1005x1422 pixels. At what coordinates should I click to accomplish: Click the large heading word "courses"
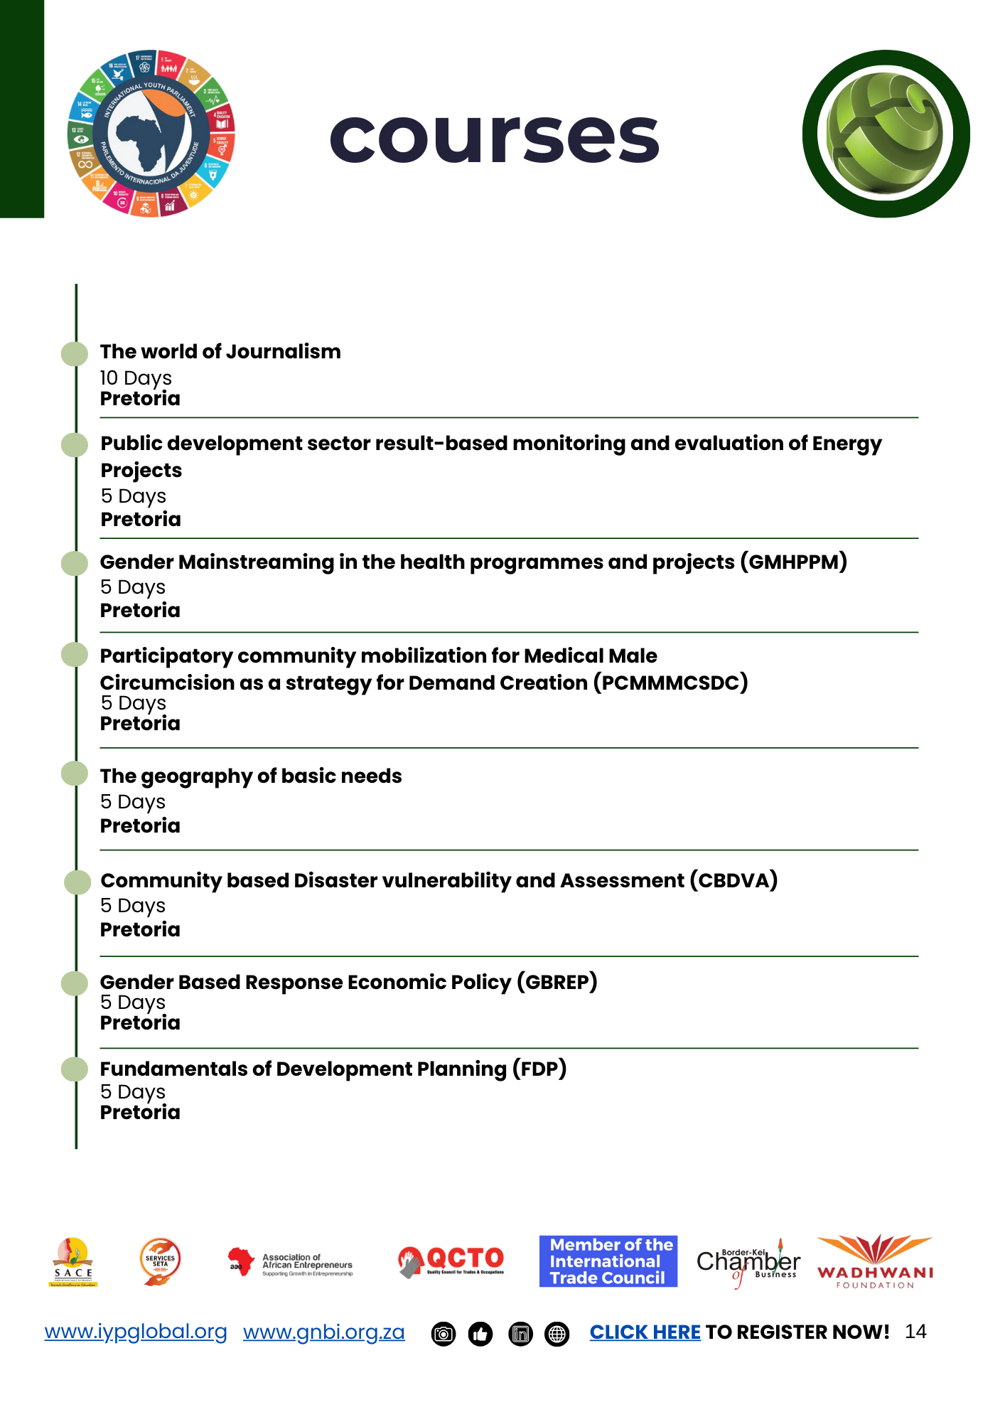click(x=495, y=137)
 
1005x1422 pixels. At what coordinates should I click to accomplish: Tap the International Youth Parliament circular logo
click(x=151, y=134)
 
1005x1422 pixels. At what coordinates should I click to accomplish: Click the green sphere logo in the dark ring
click(x=886, y=134)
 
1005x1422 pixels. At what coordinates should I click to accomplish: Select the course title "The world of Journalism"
click(x=220, y=351)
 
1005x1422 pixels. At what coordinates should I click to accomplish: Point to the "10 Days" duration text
click(x=136, y=378)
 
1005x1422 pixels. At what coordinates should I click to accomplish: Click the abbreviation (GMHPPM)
click(x=793, y=562)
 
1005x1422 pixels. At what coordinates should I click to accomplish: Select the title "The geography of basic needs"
click(x=251, y=776)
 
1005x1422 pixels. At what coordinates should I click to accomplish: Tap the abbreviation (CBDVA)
click(x=733, y=880)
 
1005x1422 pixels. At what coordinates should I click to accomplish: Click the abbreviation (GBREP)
click(x=557, y=982)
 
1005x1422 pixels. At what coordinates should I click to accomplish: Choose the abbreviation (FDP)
click(x=539, y=1069)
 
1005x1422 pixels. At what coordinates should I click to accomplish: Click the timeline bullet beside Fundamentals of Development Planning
click(x=75, y=1069)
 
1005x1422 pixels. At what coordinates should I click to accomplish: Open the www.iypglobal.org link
click(x=136, y=1332)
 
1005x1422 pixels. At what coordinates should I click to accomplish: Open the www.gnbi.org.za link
click(x=324, y=1332)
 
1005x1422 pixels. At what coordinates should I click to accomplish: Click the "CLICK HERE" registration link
click(x=645, y=1332)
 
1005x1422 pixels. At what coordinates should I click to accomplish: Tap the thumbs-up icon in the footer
click(x=480, y=1335)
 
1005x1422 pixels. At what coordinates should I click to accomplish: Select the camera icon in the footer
click(x=444, y=1335)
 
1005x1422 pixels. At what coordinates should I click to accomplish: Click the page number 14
click(x=915, y=1332)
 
